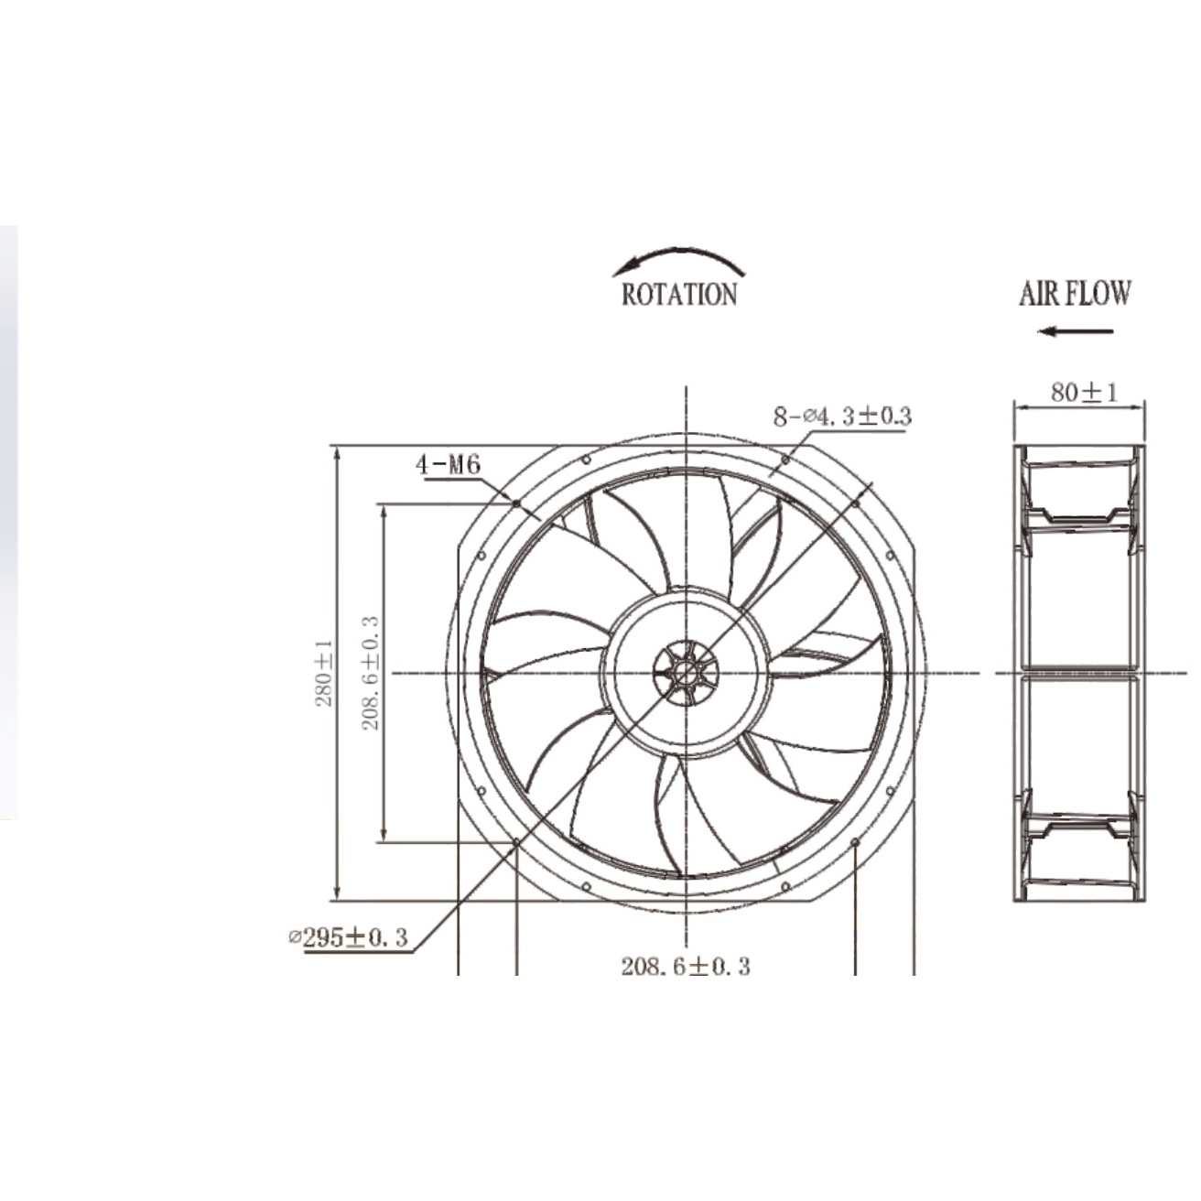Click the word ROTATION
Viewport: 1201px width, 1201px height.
pyautogui.click(x=679, y=294)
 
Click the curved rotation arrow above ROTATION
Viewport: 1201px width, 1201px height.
pyautogui.click(x=679, y=253)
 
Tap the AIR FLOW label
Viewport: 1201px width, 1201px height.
pyautogui.click(x=1075, y=294)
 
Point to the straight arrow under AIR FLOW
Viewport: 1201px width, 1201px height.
pyautogui.click(x=1075, y=331)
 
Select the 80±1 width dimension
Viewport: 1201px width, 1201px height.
pyautogui.click(x=1085, y=392)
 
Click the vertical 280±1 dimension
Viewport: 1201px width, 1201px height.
pyautogui.click(x=324, y=673)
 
